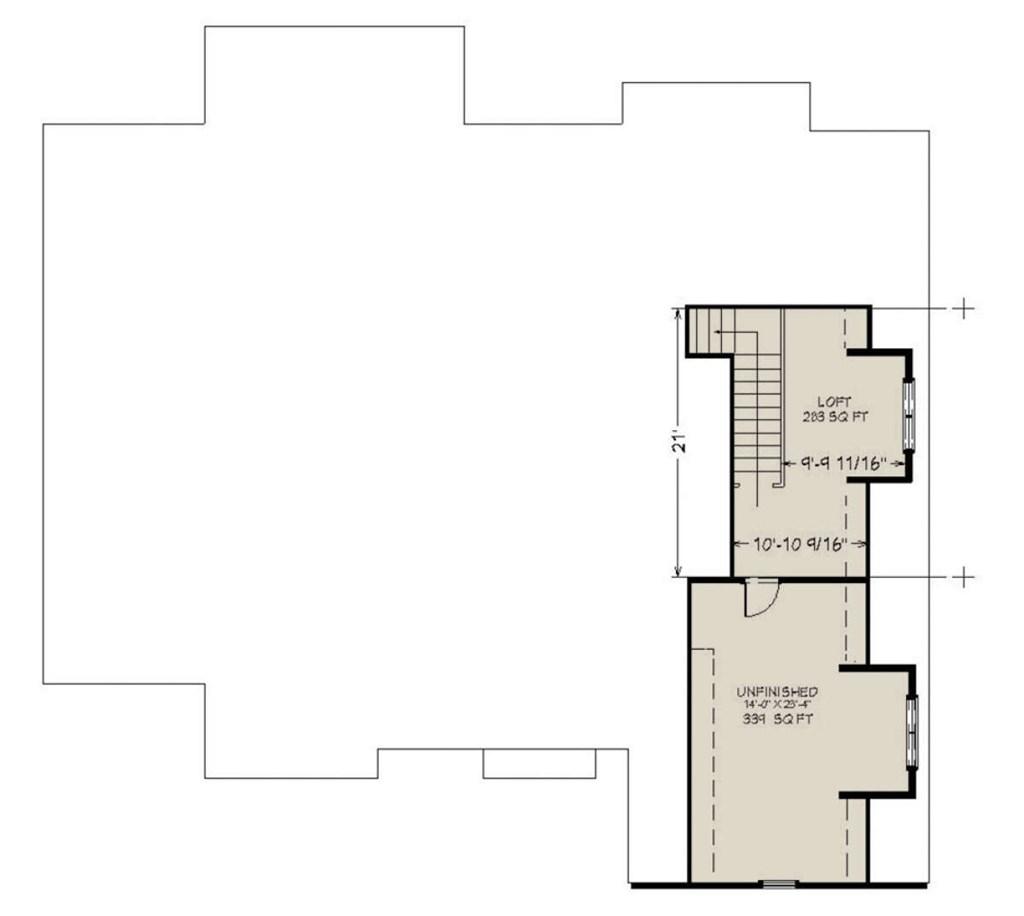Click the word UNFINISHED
[x=777, y=691]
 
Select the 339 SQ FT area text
[x=777, y=718]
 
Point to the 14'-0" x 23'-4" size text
[x=777, y=705]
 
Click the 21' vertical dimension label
[x=679, y=441]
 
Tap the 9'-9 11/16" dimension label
[x=845, y=464]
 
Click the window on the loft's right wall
[x=909, y=415]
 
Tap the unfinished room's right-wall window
[x=911, y=733]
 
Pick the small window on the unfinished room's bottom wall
[x=777, y=883]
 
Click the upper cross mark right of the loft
[x=962, y=308]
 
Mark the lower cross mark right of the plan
[x=962, y=577]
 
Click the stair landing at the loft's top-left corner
[x=706, y=331]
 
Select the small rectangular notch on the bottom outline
[x=539, y=763]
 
